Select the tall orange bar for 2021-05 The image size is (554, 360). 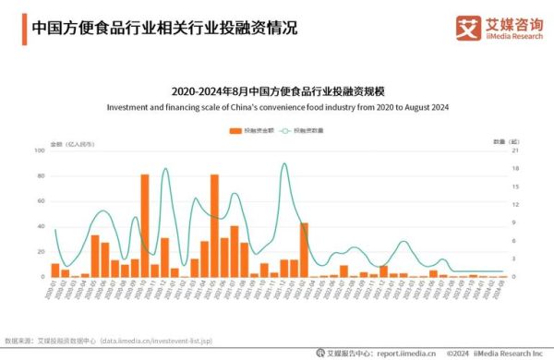click(214, 225)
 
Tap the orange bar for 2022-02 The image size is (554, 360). click(304, 250)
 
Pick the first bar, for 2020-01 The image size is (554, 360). click(55, 270)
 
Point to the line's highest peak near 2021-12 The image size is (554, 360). click(283, 164)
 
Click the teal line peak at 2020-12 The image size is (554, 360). click(165, 169)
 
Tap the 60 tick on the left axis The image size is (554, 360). click(41, 200)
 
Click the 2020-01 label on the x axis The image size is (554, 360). click(53, 291)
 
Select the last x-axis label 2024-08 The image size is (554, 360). click(500, 291)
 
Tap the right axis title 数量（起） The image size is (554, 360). click(500, 141)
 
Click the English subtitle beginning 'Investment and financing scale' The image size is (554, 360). click(277, 107)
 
